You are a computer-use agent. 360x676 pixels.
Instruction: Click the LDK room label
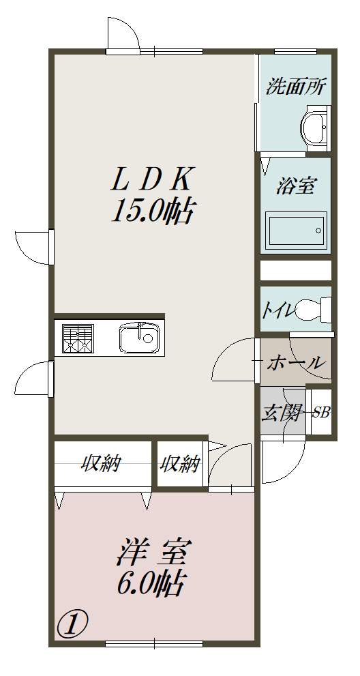point(150,179)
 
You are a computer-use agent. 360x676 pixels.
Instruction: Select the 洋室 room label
point(152,554)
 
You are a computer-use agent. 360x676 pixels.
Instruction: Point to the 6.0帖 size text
point(150,583)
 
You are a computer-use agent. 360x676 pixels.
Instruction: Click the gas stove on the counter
point(78,339)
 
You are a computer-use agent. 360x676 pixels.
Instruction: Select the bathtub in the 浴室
point(295,231)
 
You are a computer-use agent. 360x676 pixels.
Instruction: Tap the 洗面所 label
point(296,87)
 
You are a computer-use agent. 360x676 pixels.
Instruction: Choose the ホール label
point(295,363)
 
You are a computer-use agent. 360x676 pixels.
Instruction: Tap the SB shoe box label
point(321,413)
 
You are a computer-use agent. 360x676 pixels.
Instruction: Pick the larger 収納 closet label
point(102,464)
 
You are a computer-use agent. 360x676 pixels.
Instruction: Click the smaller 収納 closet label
point(181,464)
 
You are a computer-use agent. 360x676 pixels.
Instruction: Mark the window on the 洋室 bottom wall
point(154,644)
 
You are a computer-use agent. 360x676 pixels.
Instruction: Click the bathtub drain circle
point(318,230)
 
